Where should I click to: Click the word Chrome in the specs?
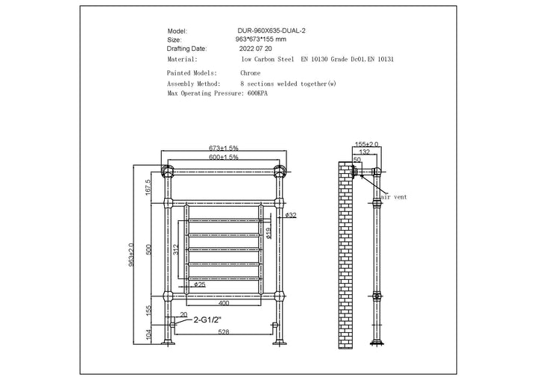click(250, 74)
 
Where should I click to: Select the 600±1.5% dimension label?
click(224, 158)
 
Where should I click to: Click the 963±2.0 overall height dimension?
click(131, 255)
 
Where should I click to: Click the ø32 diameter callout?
click(291, 215)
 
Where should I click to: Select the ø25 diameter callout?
click(199, 284)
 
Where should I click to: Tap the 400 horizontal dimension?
click(224, 303)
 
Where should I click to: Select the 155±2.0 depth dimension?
click(368, 144)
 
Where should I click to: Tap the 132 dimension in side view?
click(365, 152)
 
